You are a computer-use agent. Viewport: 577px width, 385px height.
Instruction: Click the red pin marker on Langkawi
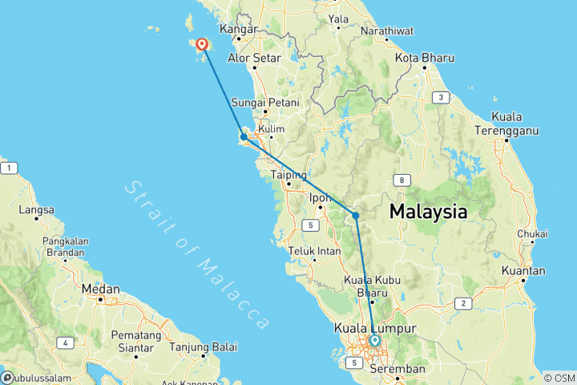[201, 46]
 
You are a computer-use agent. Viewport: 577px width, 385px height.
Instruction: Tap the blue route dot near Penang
[244, 137]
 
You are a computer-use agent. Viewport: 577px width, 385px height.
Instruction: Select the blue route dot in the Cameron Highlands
[355, 215]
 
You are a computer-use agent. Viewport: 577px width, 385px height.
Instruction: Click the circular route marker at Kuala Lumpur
[374, 341]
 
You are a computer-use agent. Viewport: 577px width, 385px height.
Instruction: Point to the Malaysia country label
[428, 213]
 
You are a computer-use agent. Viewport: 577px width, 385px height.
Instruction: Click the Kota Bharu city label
[426, 59]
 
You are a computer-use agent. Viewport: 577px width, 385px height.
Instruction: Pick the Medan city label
[101, 289]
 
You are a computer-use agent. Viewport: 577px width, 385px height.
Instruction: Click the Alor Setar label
[254, 59]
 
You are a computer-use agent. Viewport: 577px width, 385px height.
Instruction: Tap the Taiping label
[288, 174]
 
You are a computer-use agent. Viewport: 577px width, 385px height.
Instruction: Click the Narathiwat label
[386, 31]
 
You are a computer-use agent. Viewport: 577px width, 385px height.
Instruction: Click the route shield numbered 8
[399, 180]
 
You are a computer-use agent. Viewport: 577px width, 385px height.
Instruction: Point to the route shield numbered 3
[439, 98]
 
